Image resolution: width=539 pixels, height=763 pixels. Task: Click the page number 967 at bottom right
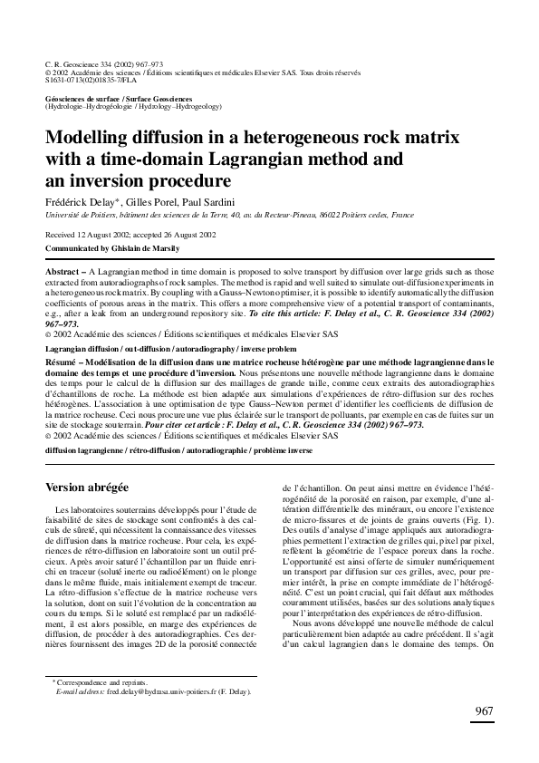point(482,736)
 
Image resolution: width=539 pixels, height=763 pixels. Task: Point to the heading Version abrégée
point(87,487)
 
